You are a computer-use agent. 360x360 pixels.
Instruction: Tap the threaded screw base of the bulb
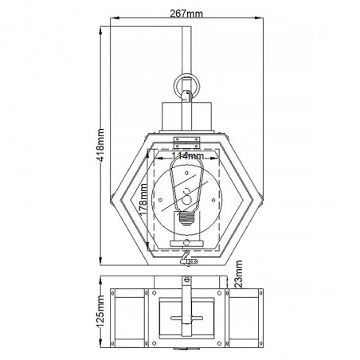click(186, 218)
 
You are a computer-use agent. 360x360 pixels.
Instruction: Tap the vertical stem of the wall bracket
click(186, 48)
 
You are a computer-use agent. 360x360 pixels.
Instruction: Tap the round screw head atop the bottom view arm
click(186, 280)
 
